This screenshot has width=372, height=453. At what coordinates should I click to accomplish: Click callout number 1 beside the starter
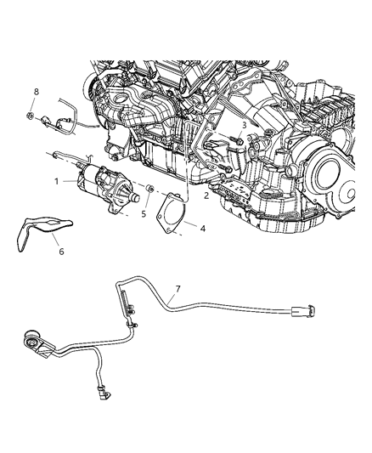(x=58, y=182)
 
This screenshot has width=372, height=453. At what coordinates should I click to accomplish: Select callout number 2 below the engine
(x=206, y=195)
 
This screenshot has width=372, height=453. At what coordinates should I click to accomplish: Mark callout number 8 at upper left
(x=37, y=91)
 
